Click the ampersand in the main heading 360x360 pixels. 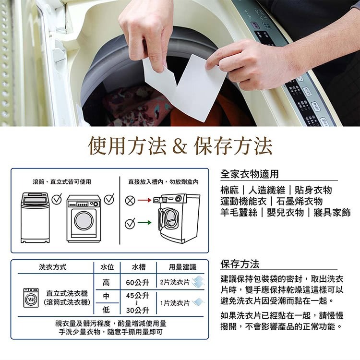(180, 145)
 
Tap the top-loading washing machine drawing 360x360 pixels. (35, 217)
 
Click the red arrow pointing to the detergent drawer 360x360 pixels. (144, 200)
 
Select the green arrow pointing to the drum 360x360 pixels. (144, 222)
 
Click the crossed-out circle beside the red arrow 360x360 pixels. (130, 201)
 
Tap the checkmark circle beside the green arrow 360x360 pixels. (130, 223)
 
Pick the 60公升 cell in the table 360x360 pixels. (138, 282)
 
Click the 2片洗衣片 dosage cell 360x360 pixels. (175, 282)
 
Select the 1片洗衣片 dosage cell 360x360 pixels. (175, 303)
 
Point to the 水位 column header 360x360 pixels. (107, 267)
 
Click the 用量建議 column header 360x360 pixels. (182, 267)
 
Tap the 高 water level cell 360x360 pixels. (106, 282)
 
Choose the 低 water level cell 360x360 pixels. (106, 310)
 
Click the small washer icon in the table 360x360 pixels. (31, 298)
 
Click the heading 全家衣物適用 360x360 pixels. (249, 174)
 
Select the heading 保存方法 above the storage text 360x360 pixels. (240, 264)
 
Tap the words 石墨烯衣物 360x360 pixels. (300, 201)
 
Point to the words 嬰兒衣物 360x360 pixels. (285, 212)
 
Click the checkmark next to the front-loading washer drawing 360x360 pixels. (109, 199)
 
